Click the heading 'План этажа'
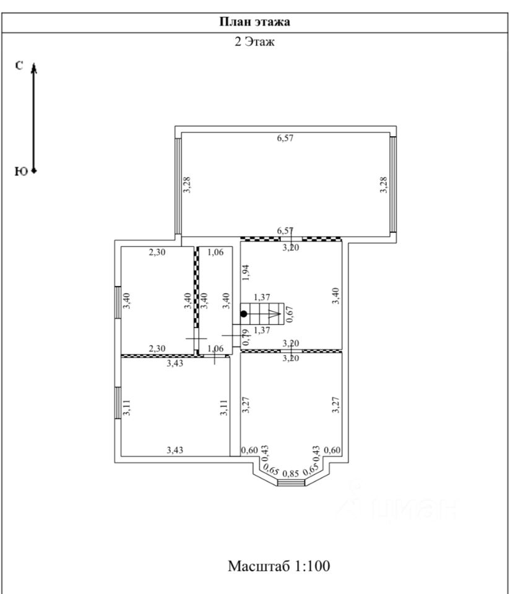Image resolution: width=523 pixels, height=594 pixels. (x=255, y=22)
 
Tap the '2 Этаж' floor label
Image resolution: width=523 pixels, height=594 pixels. (x=254, y=43)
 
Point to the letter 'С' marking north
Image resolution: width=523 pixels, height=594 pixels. (x=20, y=65)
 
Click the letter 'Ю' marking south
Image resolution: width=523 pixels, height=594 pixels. (x=20, y=171)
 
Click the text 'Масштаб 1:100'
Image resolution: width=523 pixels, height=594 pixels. (x=279, y=566)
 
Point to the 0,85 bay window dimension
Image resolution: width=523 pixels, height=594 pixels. (x=290, y=474)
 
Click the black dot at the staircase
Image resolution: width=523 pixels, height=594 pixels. (x=244, y=314)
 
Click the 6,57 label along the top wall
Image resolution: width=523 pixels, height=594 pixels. (x=285, y=138)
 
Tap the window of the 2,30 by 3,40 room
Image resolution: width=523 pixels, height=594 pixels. (x=117, y=302)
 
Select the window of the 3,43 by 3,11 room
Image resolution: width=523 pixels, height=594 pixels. (x=117, y=403)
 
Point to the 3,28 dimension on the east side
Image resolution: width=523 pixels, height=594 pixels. (x=383, y=185)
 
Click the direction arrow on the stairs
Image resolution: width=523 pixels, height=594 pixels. (x=273, y=314)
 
